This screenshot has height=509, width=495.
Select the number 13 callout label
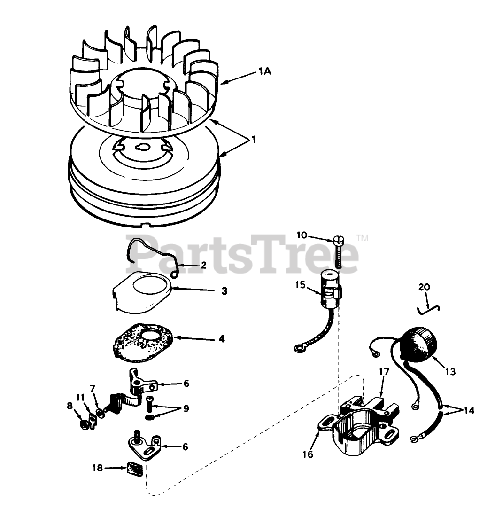450,371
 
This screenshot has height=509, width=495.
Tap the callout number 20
424,287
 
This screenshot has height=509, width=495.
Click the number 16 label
308,454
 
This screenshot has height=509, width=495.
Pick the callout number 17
384,371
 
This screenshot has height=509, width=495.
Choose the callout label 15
301,285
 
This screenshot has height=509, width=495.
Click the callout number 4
221,338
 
